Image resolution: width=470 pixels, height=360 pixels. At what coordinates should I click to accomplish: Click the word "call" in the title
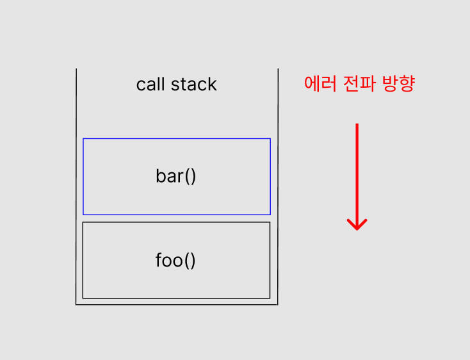point(150,84)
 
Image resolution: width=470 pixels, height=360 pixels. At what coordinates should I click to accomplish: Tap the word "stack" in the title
point(193,84)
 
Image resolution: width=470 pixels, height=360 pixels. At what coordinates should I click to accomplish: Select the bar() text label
point(176,176)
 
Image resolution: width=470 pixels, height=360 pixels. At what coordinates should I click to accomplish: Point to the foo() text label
point(175,260)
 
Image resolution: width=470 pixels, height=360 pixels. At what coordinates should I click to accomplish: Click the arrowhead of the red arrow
point(357,225)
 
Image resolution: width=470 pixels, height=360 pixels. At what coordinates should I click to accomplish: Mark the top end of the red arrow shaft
point(357,124)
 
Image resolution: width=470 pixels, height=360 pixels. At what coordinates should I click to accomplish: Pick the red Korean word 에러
point(320,84)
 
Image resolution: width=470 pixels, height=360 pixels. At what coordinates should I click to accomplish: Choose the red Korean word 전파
point(359,84)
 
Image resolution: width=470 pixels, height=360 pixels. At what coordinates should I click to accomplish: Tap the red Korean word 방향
point(399,84)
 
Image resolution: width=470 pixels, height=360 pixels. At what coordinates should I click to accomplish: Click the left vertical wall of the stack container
point(76,186)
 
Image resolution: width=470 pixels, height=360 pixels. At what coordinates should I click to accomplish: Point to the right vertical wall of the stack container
point(278,186)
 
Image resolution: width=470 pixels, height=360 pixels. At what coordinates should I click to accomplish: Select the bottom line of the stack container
point(177,304)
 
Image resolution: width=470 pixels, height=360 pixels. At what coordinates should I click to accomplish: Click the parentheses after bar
point(190,177)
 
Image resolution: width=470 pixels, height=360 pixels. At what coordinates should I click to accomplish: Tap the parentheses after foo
point(190,261)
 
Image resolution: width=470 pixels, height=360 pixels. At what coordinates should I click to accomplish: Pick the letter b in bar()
point(161,176)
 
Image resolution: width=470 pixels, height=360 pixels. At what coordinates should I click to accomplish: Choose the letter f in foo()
point(158,259)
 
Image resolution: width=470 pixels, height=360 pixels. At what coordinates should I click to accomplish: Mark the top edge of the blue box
point(177,139)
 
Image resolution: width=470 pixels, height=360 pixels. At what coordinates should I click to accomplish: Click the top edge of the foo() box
point(176,222)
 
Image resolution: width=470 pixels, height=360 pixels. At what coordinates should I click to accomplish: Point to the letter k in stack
point(212,84)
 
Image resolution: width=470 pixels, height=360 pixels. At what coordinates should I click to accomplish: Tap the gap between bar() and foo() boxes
point(177,218)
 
